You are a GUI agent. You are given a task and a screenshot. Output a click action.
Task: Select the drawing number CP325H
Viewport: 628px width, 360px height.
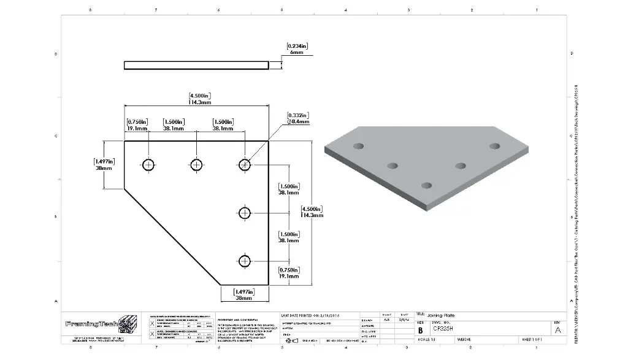(x=443, y=329)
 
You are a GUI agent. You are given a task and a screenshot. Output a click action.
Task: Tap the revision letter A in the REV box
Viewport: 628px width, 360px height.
(x=557, y=329)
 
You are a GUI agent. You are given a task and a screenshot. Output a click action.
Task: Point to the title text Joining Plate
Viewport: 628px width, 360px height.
(x=442, y=315)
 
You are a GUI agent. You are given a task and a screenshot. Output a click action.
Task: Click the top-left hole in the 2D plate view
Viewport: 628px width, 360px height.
(x=148, y=164)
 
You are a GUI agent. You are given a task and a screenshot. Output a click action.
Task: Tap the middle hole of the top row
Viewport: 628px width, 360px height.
(x=196, y=164)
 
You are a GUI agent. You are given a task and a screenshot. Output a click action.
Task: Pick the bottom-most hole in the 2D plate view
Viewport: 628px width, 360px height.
(x=245, y=261)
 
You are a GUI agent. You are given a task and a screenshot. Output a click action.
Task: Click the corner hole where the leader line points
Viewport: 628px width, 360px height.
(x=245, y=164)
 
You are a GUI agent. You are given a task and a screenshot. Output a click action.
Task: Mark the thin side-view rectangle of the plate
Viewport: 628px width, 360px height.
(x=196, y=64)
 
